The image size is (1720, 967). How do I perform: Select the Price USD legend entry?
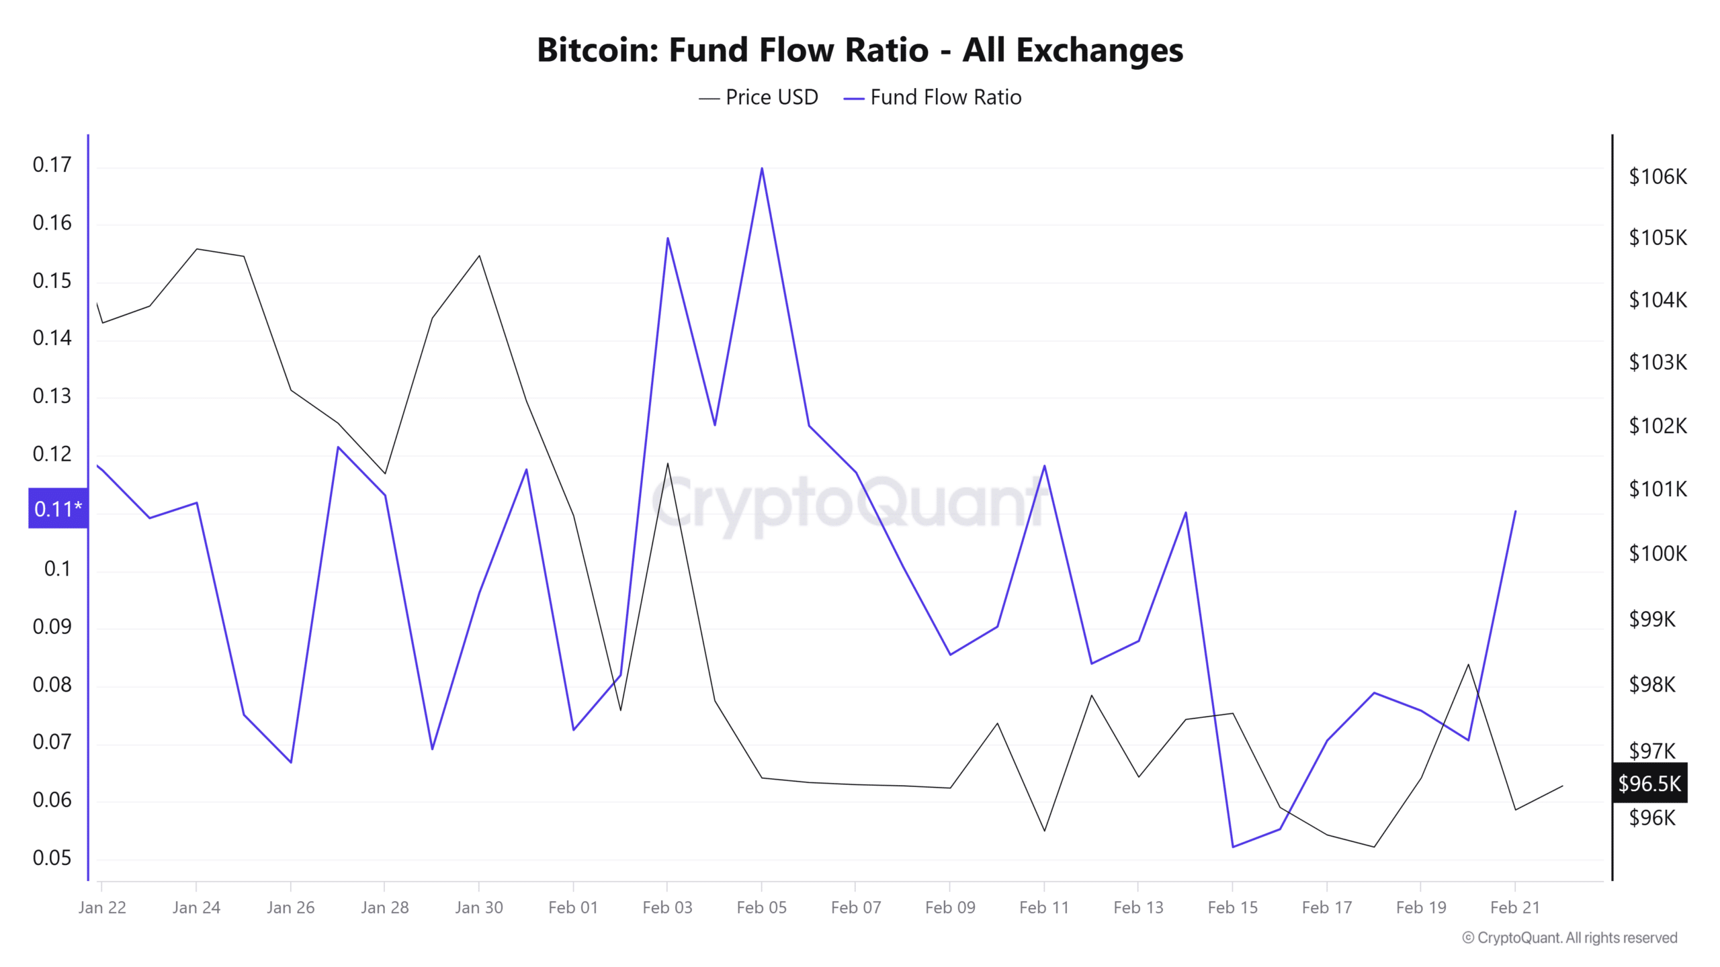tap(759, 97)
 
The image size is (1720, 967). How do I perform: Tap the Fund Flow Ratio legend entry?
tap(933, 97)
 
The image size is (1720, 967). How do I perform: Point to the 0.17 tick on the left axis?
tap(52, 165)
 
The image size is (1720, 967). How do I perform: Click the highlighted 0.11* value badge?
tap(58, 508)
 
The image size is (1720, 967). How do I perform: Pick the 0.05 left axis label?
tap(52, 858)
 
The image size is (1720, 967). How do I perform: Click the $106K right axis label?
tap(1658, 177)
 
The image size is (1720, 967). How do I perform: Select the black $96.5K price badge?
tap(1649, 783)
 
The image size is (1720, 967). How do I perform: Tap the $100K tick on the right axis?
tap(1658, 553)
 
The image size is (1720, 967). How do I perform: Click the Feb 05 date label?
tap(761, 907)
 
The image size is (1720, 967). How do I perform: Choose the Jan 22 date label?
tap(102, 907)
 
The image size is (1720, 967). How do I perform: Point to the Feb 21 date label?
tap(1515, 907)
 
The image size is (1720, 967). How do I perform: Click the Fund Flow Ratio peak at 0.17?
tap(762, 168)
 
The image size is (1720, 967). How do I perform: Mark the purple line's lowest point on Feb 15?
tap(1233, 847)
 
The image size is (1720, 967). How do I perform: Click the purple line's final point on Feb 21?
tap(1516, 512)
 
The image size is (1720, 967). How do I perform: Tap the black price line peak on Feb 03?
tap(667, 463)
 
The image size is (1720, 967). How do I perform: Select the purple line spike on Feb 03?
tap(667, 238)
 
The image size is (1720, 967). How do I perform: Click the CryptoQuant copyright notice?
tap(1569, 937)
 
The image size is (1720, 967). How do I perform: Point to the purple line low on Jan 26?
tap(291, 762)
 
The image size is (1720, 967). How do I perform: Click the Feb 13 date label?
tap(1138, 907)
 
